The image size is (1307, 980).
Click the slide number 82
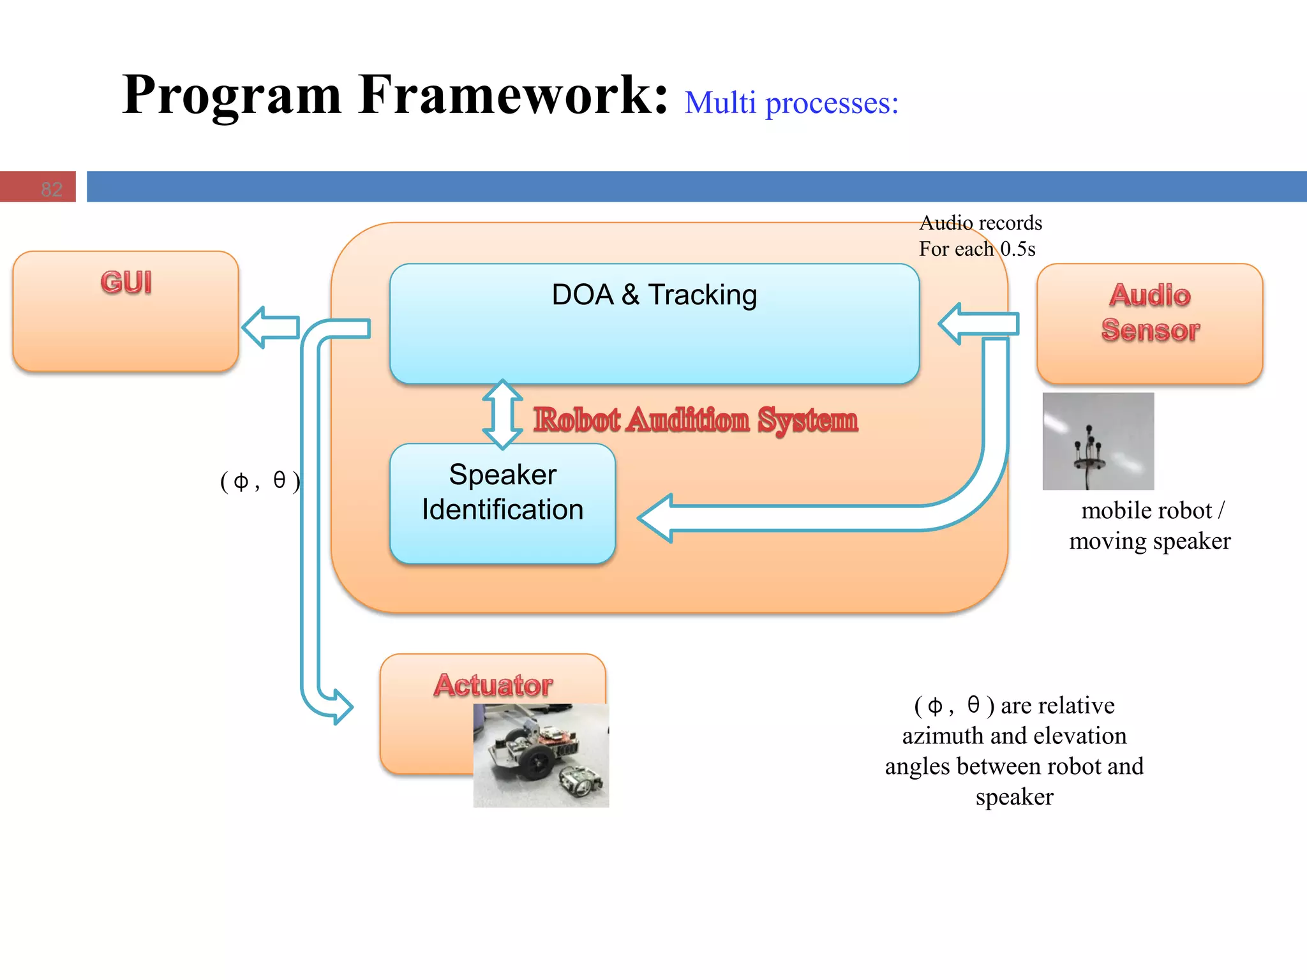[x=51, y=189]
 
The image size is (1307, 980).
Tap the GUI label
[x=126, y=283]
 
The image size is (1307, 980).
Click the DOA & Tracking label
[x=654, y=295]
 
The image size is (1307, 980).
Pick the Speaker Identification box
[x=502, y=503]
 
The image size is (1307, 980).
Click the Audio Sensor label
[x=1150, y=313]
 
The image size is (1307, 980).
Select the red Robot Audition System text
[x=696, y=420]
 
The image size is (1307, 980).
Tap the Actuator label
[x=493, y=685]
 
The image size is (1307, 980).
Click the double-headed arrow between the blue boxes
[x=502, y=415]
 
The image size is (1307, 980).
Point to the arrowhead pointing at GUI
[x=256, y=327]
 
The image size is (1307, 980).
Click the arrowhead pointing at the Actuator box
[x=341, y=707]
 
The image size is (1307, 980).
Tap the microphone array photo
[x=1098, y=442]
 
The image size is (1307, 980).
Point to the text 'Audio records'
[x=980, y=223]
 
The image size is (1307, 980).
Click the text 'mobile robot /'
[x=1152, y=510]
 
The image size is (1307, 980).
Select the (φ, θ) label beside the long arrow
[x=260, y=480]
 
